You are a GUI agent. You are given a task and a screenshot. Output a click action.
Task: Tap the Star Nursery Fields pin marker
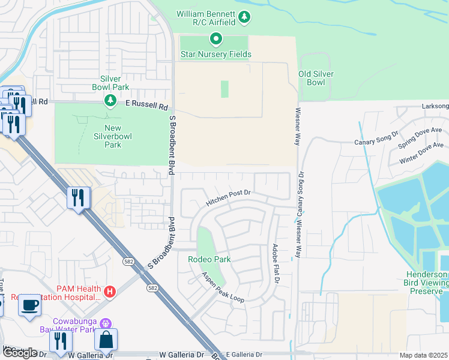[x=216, y=40]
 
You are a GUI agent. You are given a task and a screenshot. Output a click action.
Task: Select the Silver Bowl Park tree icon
[x=110, y=100]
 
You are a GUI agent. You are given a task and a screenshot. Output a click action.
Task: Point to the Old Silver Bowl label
[x=316, y=78]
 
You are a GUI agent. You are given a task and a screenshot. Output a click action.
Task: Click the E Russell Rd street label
[x=146, y=104]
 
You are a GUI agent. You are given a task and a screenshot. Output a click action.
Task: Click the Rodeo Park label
[x=209, y=260]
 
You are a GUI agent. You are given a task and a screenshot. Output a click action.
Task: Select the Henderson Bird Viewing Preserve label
[x=424, y=283]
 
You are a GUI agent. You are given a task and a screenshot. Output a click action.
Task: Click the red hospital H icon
[x=110, y=292]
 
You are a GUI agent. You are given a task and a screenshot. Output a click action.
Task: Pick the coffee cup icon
[x=29, y=305]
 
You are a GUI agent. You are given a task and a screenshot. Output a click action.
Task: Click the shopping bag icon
[x=106, y=339]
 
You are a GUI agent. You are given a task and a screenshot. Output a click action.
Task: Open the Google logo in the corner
[x=20, y=353]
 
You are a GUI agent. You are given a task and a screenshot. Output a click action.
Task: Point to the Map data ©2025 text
[x=423, y=355]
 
